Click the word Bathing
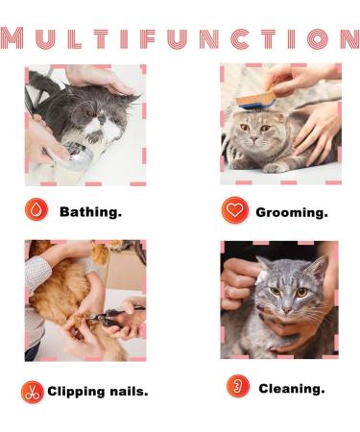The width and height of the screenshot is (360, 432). click(x=90, y=211)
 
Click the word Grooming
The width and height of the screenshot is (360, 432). click(x=291, y=211)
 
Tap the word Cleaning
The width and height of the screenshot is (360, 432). click(x=292, y=388)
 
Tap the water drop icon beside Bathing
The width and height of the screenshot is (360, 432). click(x=36, y=210)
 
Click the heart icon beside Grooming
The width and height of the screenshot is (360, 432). click(x=234, y=210)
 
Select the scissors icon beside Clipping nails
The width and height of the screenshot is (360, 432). click(x=32, y=391)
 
